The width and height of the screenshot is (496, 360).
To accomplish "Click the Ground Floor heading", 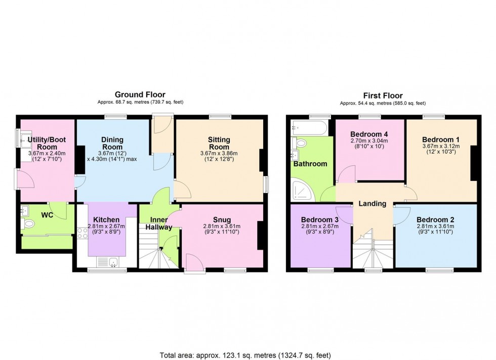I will click(140, 95).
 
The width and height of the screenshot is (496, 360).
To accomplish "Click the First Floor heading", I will click(382, 96).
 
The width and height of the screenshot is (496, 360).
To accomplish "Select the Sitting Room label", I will click(219, 144).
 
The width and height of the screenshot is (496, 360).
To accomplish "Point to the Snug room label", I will click(222, 219).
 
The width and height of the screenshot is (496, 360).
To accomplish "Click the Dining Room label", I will click(112, 144).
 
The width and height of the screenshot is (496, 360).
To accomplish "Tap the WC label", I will click(47, 215).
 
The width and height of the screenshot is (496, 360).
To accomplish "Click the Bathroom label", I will click(310, 164).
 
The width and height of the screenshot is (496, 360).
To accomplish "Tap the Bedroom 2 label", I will click(436, 219).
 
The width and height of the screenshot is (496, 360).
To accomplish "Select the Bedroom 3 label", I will click(320, 219).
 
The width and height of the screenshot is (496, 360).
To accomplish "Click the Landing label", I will click(373, 204).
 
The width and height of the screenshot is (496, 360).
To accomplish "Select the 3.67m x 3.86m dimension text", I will click(219, 154).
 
